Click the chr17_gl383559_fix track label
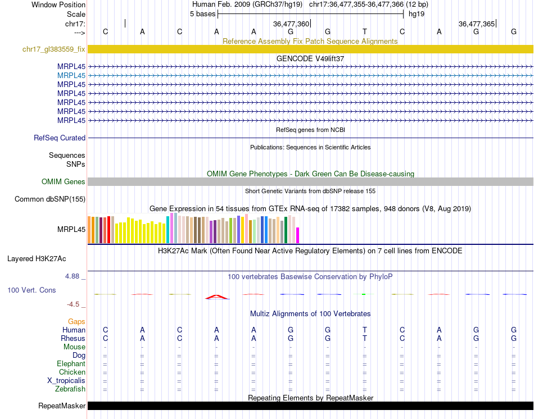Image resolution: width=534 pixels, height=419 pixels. tap(54, 49)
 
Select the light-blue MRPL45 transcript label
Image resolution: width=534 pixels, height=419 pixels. tap(71, 75)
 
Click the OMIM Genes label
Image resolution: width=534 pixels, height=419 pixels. tap(64, 181)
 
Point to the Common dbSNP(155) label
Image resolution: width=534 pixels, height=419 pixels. tap(50, 199)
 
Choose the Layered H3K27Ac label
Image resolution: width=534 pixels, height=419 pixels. tap(37, 259)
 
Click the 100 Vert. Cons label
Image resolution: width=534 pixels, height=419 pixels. tap(31, 290)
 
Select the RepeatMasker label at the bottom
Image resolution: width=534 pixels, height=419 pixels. tap(62, 406)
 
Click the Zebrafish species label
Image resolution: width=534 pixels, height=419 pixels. tap(70, 389)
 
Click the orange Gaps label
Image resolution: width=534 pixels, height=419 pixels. tap(76, 321)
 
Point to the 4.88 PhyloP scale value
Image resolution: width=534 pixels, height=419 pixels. tap(73, 276)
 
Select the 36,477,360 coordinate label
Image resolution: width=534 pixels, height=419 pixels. tap(291, 24)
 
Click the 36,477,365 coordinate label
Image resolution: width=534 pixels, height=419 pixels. tap(477, 24)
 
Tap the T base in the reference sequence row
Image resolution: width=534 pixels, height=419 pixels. tap(365, 31)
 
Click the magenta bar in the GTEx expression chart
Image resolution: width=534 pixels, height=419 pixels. tap(298, 235)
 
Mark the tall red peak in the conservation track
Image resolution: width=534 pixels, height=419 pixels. tap(216, 296)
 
